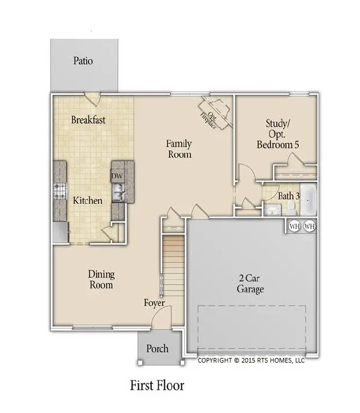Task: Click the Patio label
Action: click(x=83, y=60)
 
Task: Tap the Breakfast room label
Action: click(x=88, y=120)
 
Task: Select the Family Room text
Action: click(x=179, y=149)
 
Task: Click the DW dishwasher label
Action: click(x=117, y=176)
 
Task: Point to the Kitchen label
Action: click(x=87, y=201)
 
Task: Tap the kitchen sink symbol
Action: click(x=119, y=191)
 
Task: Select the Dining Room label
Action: click(x=101, y=279)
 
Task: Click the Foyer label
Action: click(x=155, y=303)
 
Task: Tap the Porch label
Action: click(x=157, y=348)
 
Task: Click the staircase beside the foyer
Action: click(x=173, y=261)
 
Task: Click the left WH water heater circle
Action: click(x=294, y=226)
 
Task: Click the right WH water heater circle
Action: click(x=309, y=226)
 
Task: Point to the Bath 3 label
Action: click(x=288, y=196)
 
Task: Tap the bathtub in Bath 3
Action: click(x=308, y=199)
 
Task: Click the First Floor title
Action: click(x=157, y=385)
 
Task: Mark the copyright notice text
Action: click(x=251, y=360)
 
